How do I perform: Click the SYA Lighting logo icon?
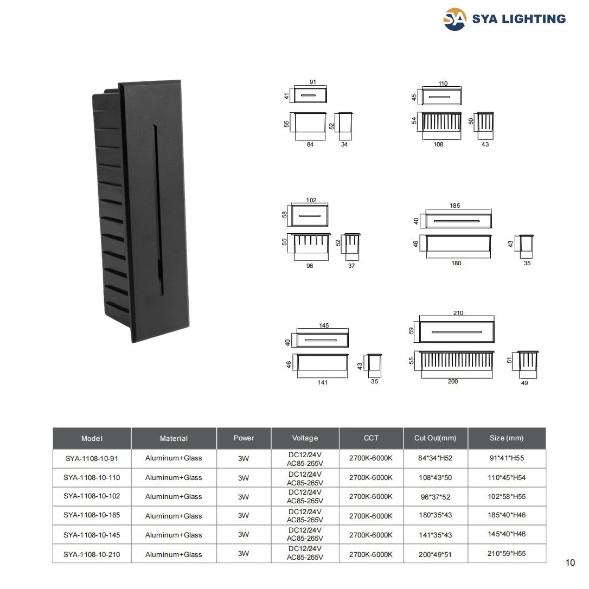tap(454, 20)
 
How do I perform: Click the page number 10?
tap(570, 562)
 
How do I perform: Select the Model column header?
tap(92, 438)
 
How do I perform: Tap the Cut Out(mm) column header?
tap(435, 438)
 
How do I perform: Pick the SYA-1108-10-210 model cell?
tap(92, 554)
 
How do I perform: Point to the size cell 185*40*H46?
tap(507, 515)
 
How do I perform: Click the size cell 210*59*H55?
tap(507, 554)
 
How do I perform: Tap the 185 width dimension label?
tap(455, 206)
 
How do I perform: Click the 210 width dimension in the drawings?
tap(458, 313)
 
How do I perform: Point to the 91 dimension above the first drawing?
tap(312, 82)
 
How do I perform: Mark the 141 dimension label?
tap(322, 382)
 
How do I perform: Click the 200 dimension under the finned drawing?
tap(453, 381)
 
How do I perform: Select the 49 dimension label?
tap(524, 383)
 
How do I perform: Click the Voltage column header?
tap(305, 438)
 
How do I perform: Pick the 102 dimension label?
tap(311, 200)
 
